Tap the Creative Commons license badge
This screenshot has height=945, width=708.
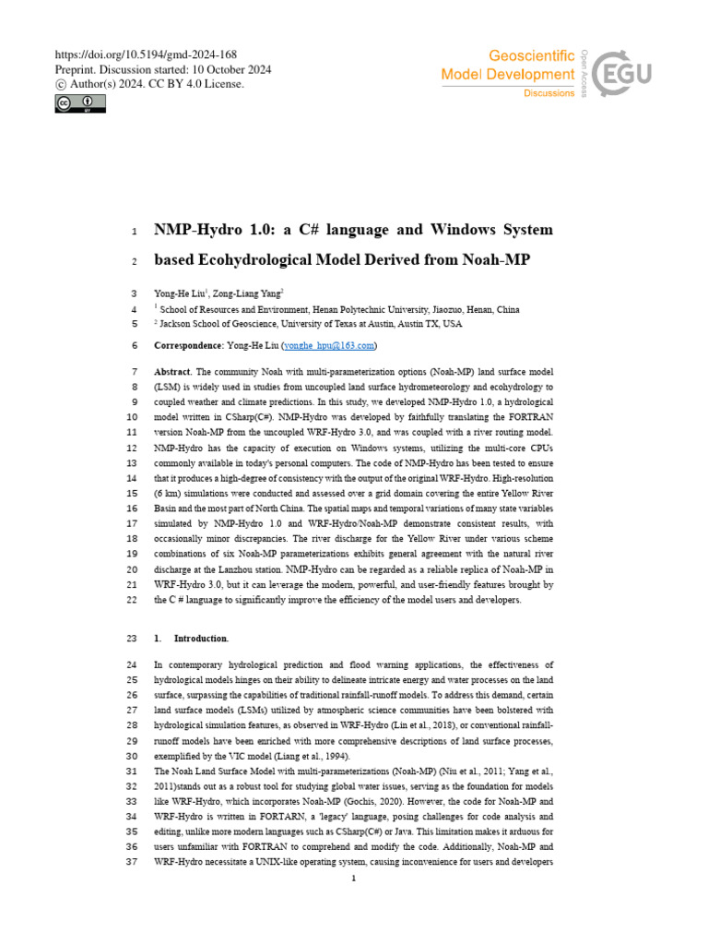click(79, 103)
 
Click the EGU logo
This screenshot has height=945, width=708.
click(624, 72)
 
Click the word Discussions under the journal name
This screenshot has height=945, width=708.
click(549, 93)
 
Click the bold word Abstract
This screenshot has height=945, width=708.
click(172, 371)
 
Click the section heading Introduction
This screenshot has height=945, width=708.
click(201, 639)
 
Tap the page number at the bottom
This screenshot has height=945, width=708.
click(354, 879)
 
